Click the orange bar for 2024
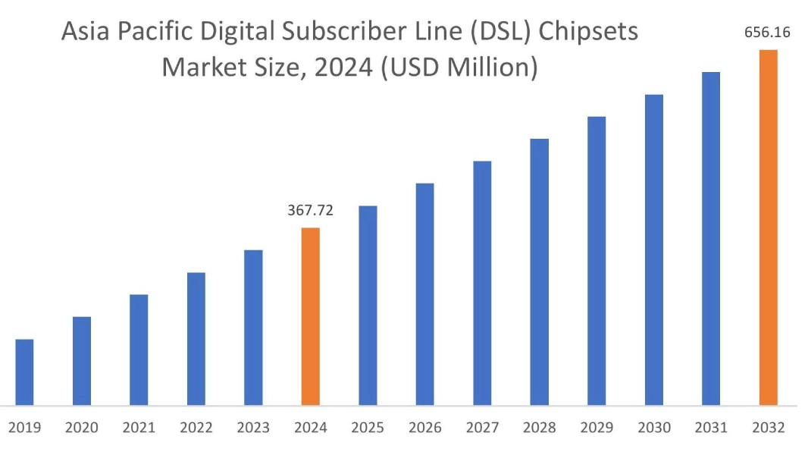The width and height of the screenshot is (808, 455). [311, 316]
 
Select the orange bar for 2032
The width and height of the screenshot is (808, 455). [768, 227]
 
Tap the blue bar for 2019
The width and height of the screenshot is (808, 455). [25, 372]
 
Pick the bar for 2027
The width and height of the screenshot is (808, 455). [482, 283]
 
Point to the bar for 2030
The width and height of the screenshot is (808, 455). [653, 249]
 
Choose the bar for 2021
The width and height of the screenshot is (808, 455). [139, 350]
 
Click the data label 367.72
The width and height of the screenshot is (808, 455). [310, 211]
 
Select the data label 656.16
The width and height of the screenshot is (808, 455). [768, 33]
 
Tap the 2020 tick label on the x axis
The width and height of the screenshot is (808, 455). [82, 428]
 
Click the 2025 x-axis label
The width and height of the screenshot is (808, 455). [368, 428]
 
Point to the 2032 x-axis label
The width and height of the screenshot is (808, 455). [768, 428]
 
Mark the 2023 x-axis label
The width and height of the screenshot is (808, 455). [253, 428]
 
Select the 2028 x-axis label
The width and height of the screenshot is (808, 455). [539, 428]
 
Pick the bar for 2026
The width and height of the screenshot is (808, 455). [424, 294]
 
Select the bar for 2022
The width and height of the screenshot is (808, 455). [196, 338]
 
